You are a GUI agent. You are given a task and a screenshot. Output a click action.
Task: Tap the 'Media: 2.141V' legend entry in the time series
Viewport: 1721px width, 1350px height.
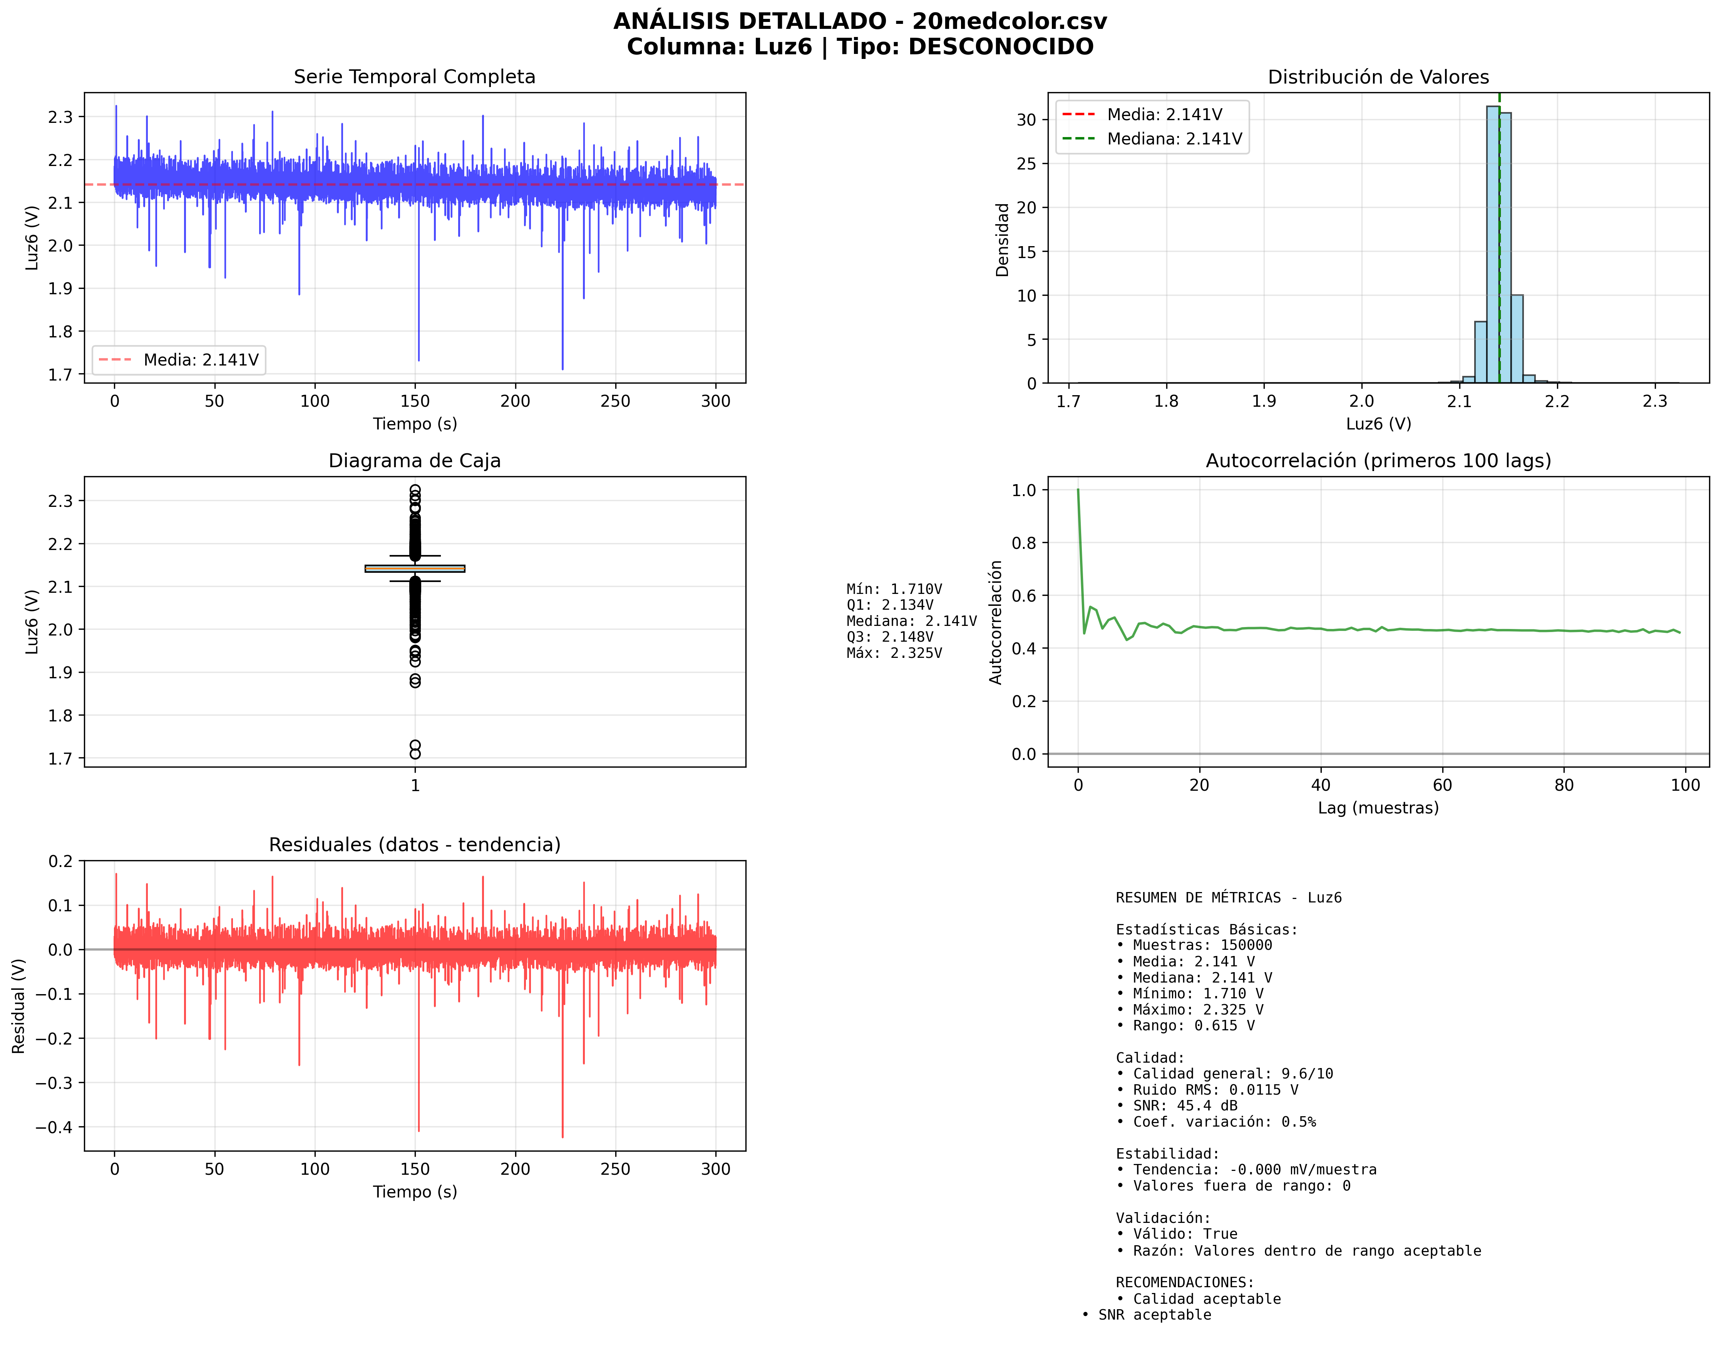[201, 361]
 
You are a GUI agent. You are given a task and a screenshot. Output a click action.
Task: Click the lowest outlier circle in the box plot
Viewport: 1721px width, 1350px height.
[415, 754]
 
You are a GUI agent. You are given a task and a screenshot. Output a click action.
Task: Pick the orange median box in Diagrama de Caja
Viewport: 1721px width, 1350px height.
[415, 568]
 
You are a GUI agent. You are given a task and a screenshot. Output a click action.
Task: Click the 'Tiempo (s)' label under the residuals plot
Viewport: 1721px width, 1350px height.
[415, 1192]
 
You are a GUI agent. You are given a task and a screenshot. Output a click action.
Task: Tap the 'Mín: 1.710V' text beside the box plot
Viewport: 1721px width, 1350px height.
[894, 589]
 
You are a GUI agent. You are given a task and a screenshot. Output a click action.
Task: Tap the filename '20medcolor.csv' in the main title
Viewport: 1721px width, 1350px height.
[1009, 21]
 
